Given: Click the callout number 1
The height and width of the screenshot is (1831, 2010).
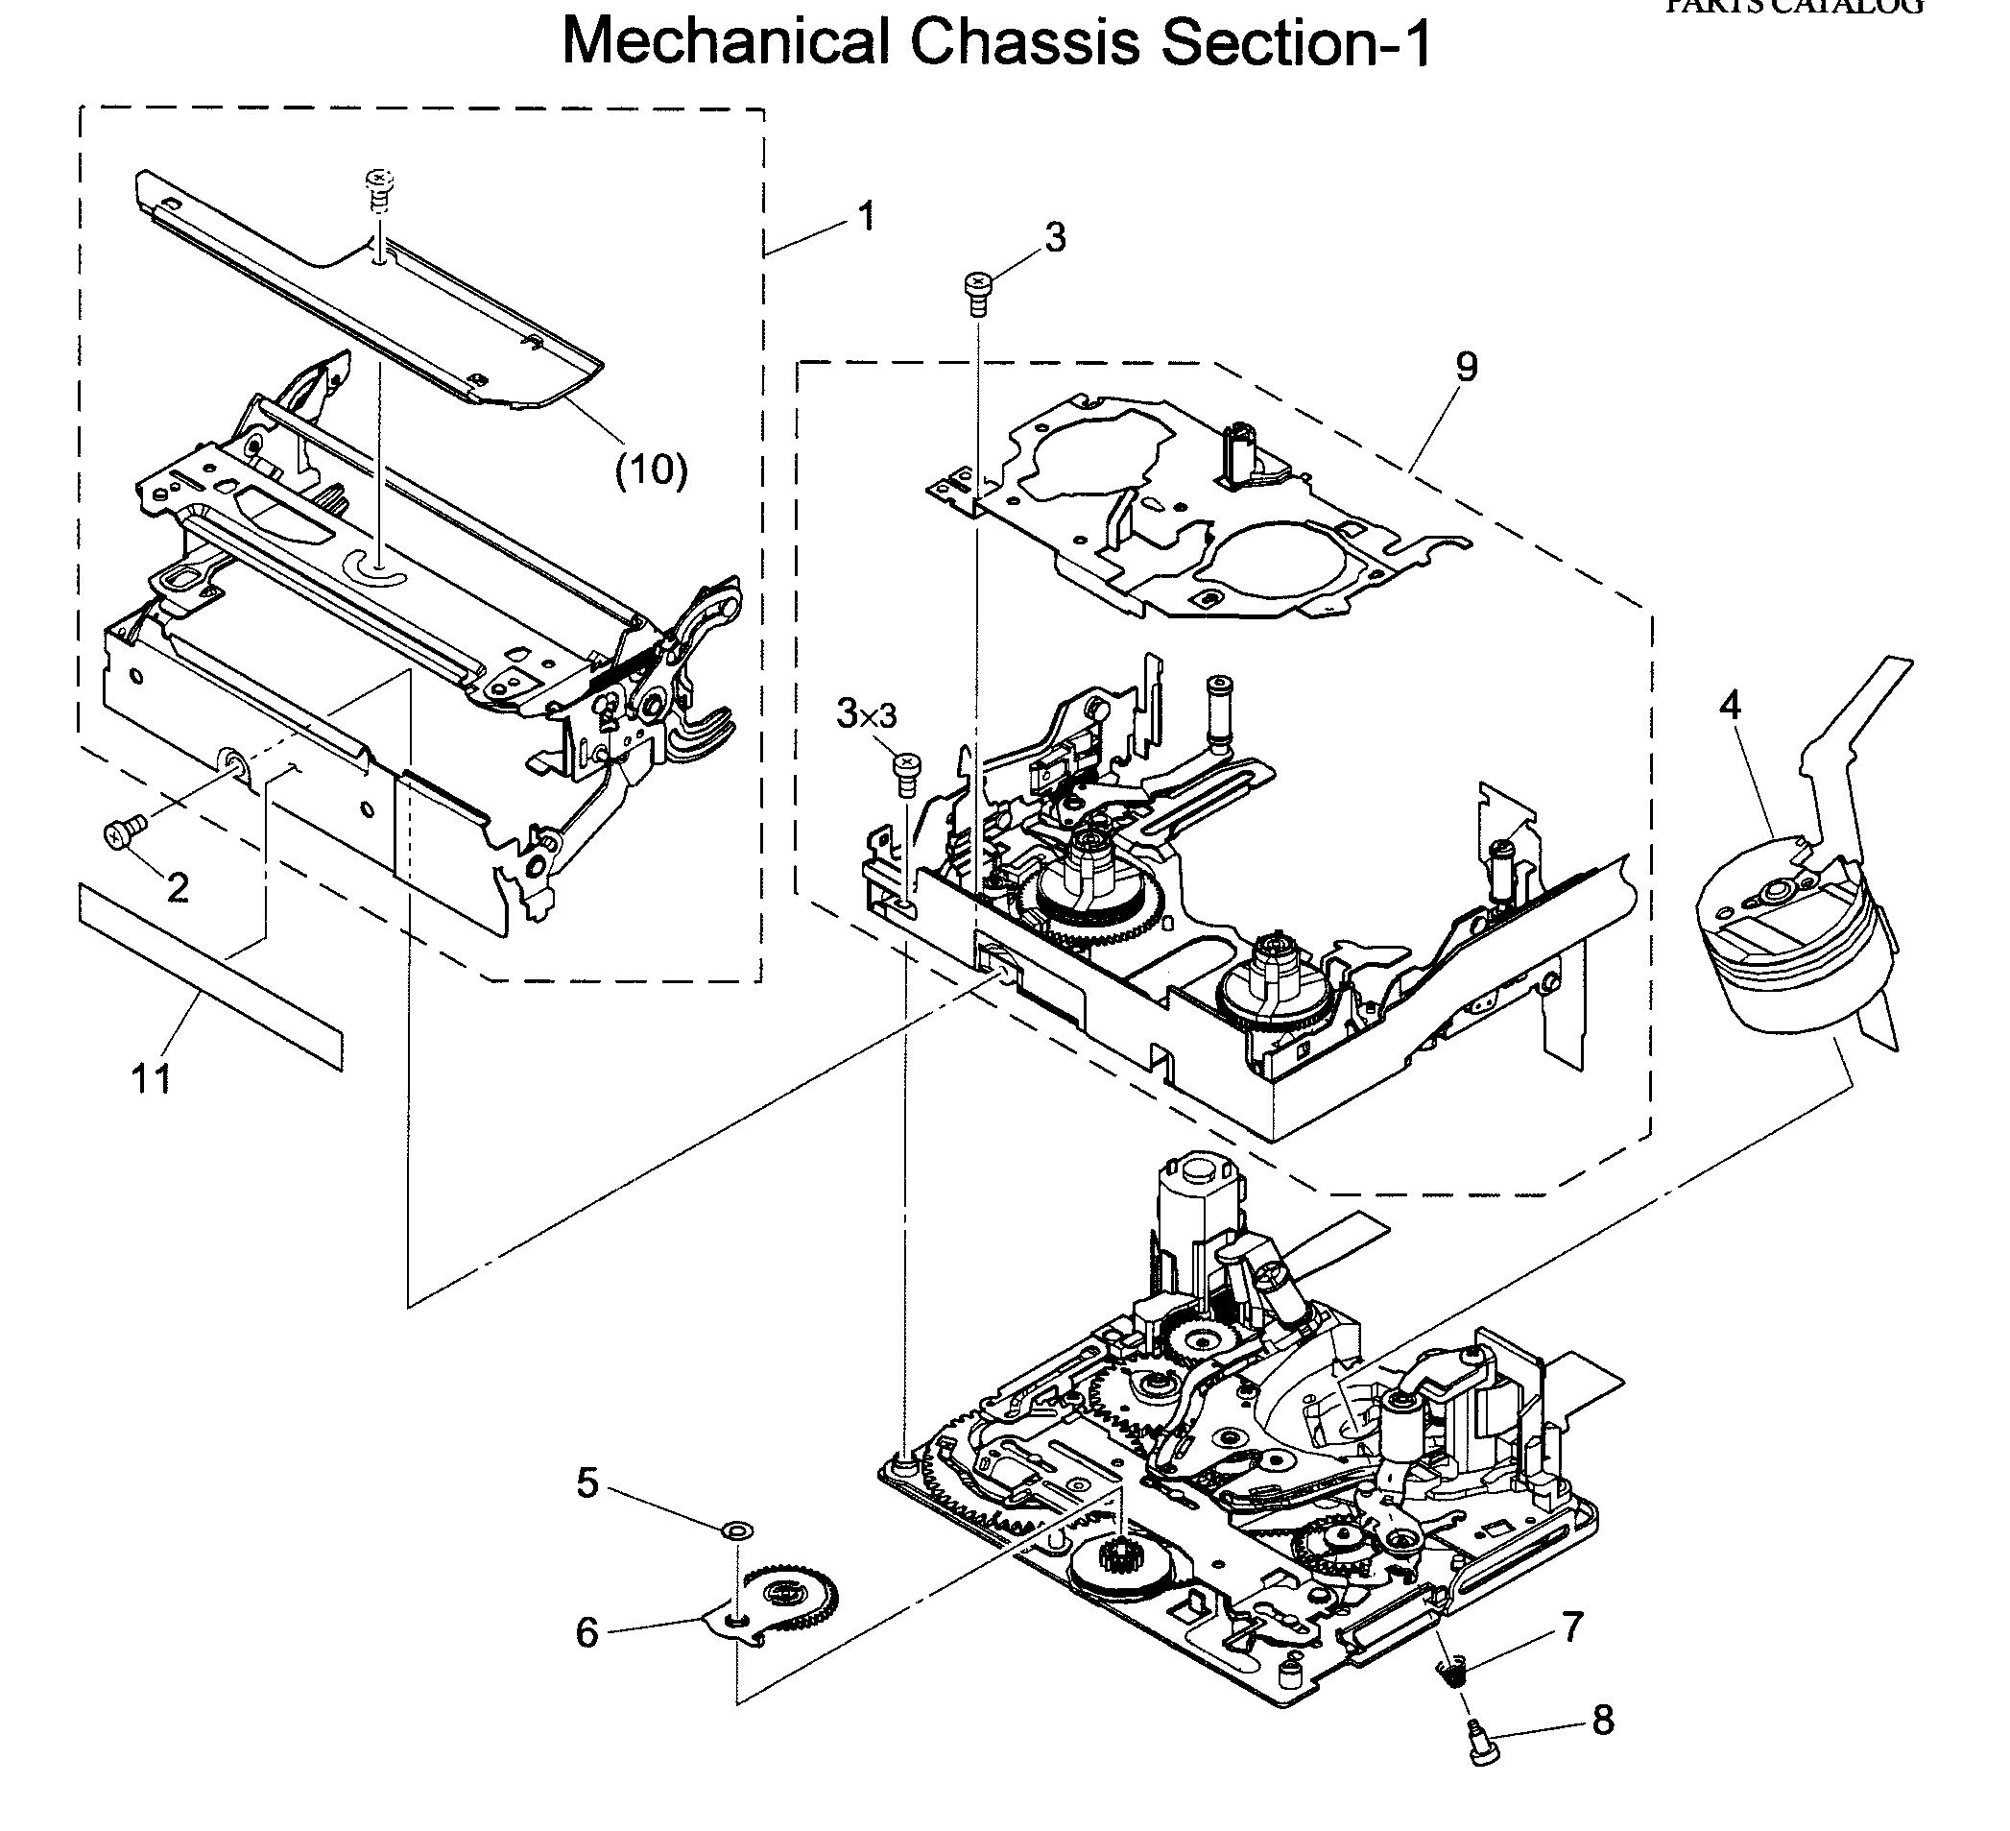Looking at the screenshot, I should [867, 216].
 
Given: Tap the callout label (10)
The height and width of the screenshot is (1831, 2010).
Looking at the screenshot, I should [651, 470].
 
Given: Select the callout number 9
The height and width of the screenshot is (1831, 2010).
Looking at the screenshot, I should [1467, 367].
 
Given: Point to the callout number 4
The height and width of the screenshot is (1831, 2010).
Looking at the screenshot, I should [1730, 705].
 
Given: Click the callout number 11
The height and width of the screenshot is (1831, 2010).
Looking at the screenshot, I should [152, 1078].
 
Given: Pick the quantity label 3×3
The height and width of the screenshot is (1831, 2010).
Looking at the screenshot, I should [867, 714].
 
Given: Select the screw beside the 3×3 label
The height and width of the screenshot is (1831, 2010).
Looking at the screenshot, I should [907, 774].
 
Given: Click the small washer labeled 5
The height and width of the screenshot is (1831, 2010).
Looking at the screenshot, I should [737, 1530].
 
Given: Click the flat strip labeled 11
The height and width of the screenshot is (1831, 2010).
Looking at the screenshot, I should [209, 977].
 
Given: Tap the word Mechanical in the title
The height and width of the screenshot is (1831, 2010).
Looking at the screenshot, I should [725, 42].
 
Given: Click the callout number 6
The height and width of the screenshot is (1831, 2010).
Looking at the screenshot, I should [587, 1633].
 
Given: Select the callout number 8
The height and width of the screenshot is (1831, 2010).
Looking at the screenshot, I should [1602, 1721].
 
